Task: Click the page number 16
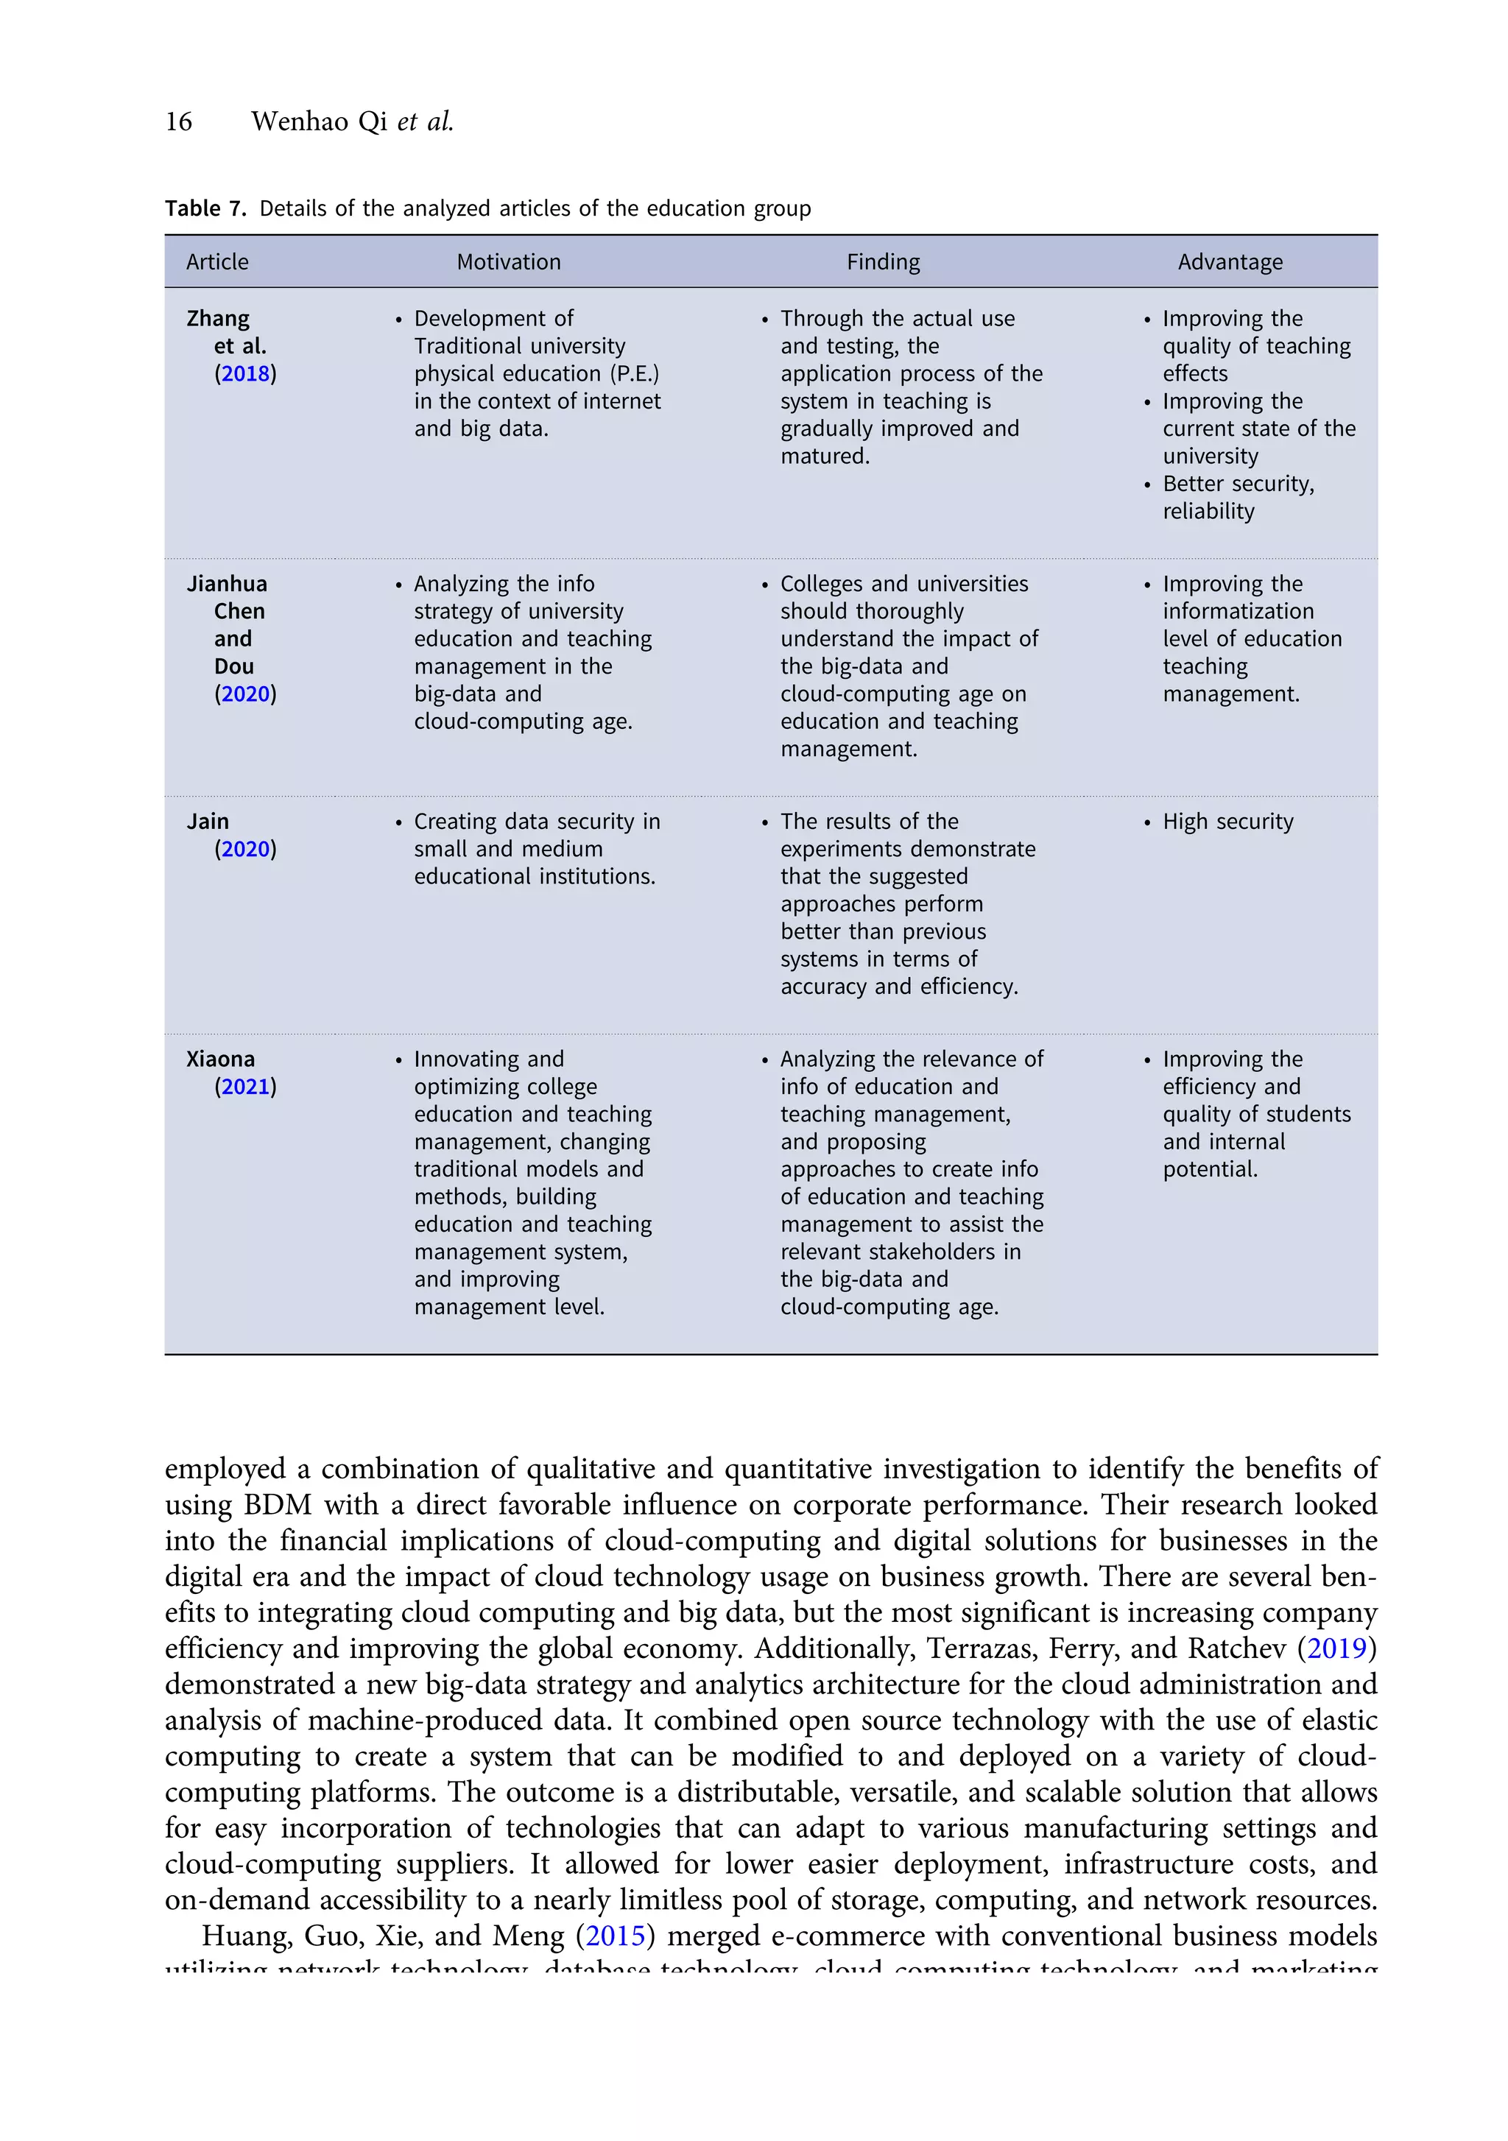(178, 121)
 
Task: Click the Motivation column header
(508, 262)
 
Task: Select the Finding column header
(882, 262)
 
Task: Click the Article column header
(217, 262)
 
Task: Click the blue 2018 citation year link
(245, 374)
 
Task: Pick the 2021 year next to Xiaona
(245, 1087)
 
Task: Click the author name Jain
(207, 822)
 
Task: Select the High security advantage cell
(1227, 822)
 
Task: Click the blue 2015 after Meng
(615, 1935)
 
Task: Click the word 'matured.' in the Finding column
(825, 456)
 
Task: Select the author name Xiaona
(220, 1059)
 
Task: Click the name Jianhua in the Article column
(227, 584)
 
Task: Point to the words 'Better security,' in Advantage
(1238, 484)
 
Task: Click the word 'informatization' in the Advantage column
(1238, 612)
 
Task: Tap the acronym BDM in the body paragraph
(277, 1504)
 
